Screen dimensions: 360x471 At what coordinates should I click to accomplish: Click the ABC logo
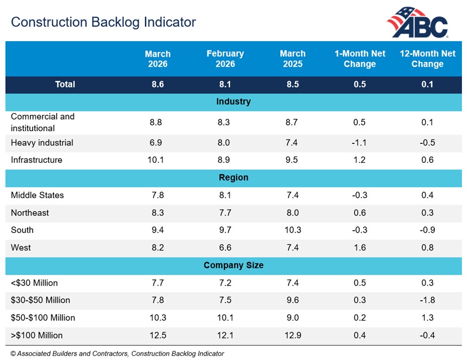[418, 23]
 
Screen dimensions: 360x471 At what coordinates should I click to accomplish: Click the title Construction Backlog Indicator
[103, 23]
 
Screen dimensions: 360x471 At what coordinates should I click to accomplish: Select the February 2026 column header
[225, 59]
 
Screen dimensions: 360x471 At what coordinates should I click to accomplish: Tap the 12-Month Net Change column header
[427, 59]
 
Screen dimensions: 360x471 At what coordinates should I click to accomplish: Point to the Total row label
[65, 84]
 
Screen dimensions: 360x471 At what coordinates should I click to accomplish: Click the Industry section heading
[233, 102]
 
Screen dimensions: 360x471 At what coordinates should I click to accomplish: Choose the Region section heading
[233, 178]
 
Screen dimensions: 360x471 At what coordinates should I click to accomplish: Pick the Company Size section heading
[233, 265]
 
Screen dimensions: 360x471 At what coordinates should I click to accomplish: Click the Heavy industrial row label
[42, 143]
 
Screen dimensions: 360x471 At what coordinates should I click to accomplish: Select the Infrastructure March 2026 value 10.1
[158, 160]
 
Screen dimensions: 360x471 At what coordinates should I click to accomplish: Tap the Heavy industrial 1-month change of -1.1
[359, 143]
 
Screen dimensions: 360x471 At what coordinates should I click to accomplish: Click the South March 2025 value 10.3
[292, 230]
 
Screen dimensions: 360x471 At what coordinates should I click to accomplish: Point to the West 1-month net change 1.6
[359, 248]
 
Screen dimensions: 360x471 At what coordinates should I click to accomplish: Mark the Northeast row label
[30, 213]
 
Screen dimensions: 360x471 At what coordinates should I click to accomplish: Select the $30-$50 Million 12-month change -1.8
[427, 300]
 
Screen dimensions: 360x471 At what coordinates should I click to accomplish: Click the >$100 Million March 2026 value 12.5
[158, 335]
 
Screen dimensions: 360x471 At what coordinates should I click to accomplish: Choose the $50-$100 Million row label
[43, 318]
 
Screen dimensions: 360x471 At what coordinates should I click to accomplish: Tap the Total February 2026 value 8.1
[225, 84]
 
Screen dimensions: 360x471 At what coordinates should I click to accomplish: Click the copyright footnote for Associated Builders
[117, 354]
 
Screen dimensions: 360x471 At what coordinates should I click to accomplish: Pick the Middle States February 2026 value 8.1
[225, 196]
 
